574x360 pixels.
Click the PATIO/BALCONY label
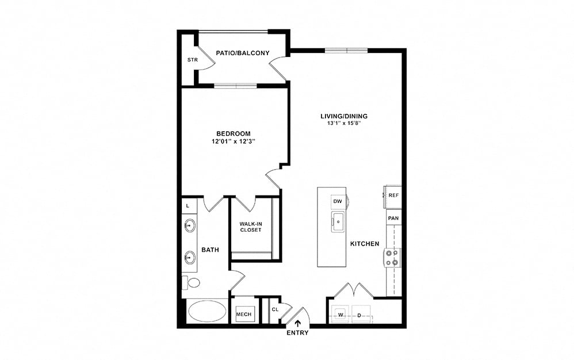(242, 53)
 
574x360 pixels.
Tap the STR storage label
(193, 60)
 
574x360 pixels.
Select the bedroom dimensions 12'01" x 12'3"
(233, 141)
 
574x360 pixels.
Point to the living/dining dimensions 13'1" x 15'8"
(344, 123)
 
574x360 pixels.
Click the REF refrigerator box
(393, 196)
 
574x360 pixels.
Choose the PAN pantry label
(393, 218)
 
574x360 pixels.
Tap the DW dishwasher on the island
(338, 202)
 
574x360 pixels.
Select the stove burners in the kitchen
(392, 258)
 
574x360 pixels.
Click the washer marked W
(341, 315)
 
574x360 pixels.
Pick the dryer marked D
(361, 315)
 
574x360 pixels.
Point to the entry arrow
(298, 323)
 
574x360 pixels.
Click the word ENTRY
(297, 333)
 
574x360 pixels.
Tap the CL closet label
(275, 309)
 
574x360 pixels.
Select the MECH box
(244, 314)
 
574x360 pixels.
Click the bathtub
(207, 311)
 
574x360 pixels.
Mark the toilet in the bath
(191, 282)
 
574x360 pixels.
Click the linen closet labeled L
(188, 206)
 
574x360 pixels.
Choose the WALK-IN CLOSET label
(251, 227)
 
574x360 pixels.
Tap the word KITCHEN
(365, 244)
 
